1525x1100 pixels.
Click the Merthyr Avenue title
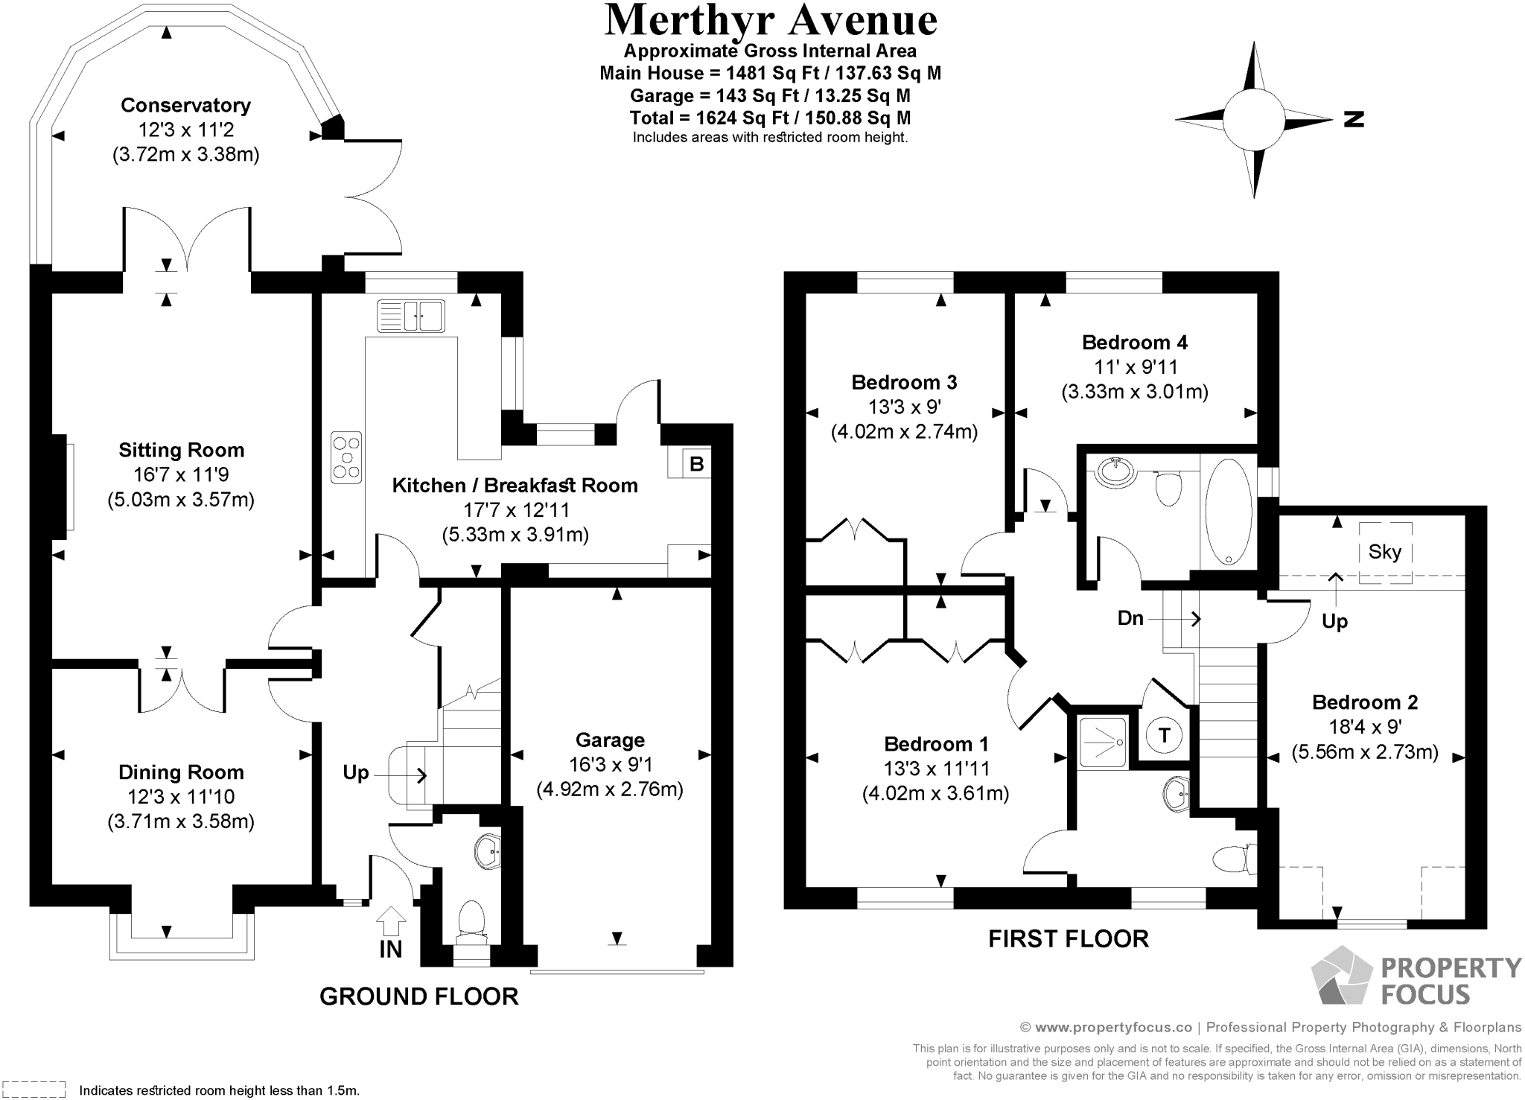tap(770, 21)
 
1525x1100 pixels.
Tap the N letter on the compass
tap(1354, 119)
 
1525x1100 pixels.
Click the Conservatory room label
tap(185, 105)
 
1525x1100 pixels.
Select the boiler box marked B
tap(696, 464)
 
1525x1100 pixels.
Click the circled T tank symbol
tap(1164, 736)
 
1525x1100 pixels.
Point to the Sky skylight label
tap(1384, 552)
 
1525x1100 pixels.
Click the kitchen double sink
tap(411, 316)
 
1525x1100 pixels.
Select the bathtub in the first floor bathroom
tap(1228, 514)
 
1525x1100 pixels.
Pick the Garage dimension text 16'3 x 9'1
tap(609, 765)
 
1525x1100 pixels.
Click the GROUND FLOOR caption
tap(418, 996)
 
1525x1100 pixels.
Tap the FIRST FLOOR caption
tap(1068, 938)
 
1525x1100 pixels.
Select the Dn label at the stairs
tap(1130, 617)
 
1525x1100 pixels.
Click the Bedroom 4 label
tap(1134, 343)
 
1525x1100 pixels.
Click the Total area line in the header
tap(770, 118)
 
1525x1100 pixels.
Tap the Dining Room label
tap(181, 772)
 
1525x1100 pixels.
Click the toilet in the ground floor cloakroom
tap(471, 918)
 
